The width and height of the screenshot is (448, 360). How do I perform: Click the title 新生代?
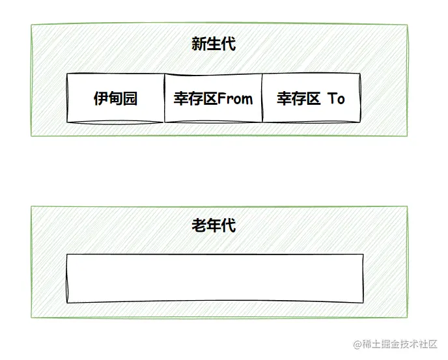(213, 44)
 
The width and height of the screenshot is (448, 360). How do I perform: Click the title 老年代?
(213, 226)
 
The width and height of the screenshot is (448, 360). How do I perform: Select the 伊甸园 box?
(115, 98)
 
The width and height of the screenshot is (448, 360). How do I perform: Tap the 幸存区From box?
(213, 98)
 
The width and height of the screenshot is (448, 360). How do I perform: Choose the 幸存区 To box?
(311, 98)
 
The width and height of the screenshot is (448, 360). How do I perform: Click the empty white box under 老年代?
(215, 279)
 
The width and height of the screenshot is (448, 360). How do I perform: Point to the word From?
(234, 99)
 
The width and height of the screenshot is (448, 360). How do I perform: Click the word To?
(336, 99)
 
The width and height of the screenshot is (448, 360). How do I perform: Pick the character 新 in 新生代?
(199, 44)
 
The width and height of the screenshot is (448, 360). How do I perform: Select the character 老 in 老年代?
(199, 226)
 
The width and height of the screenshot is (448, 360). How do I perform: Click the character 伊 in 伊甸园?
(100, 99)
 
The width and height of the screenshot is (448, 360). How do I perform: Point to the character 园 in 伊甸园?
(130, 99)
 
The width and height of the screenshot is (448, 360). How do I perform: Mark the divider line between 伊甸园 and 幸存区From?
(164, 98)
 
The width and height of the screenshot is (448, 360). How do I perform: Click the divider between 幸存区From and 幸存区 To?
(262, 98)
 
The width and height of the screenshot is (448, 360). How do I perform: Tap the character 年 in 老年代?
(214, 226)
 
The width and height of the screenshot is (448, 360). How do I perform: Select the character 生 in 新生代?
(214, 44)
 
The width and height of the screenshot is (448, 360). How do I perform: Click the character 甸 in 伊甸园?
(115, 99)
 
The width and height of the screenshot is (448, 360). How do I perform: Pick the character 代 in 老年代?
(228, 226)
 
